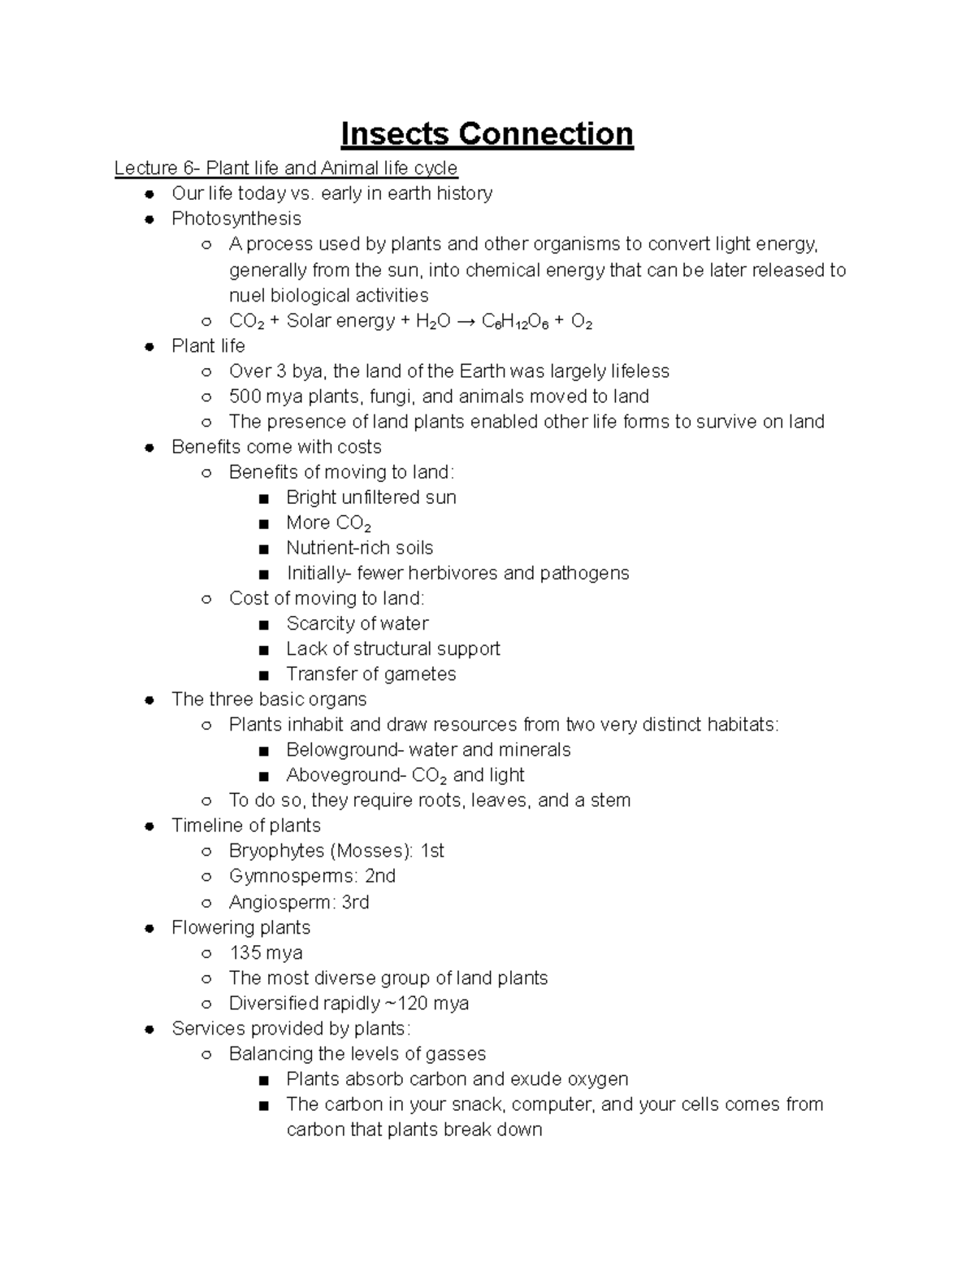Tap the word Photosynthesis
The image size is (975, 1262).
236,219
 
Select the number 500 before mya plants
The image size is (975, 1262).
245,397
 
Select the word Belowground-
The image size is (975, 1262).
344,749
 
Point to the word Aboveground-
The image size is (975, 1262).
346,775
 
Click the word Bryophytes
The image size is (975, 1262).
276,851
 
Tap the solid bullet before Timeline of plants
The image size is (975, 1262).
149,826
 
